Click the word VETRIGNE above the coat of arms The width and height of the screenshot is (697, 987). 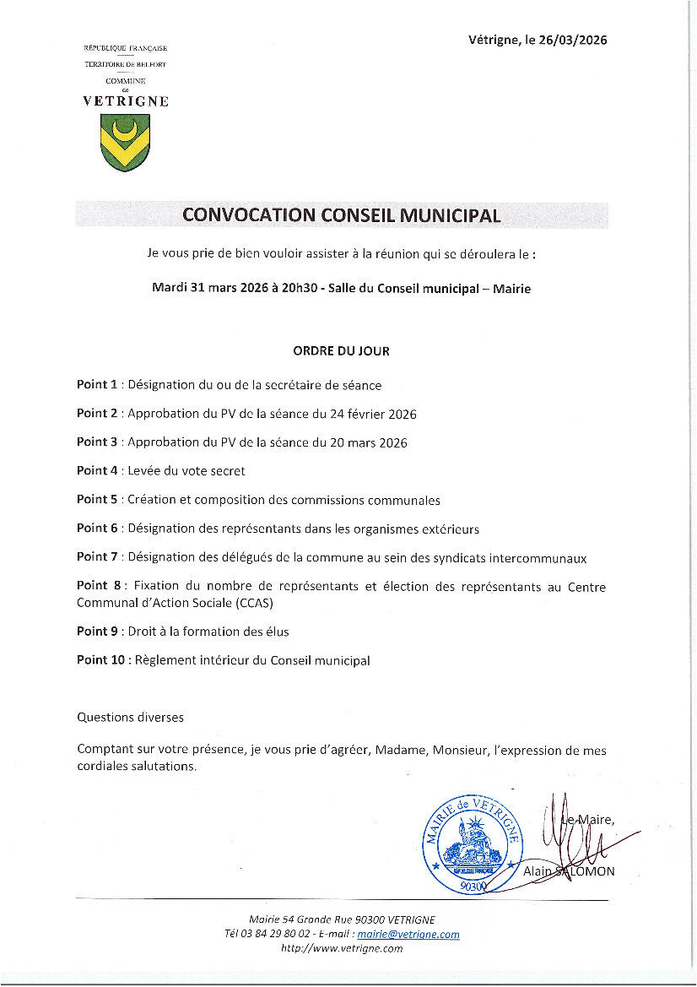click(x=125, y=101)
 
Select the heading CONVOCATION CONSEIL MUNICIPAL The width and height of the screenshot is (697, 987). click(x=341, y=215)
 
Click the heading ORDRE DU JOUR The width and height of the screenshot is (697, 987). click(x=341, y=351)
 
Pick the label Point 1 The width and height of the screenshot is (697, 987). click(x=97, y=385)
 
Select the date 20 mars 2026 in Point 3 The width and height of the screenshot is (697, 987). click(x=367, y=443)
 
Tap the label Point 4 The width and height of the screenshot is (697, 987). click(x=97, y=470)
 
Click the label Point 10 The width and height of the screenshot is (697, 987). click(x=100, y=660)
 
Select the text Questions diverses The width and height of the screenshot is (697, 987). click(x=130, y=718)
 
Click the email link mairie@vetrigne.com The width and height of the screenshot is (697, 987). click(x=408, y=934)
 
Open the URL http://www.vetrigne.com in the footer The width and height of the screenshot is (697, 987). click(x=341, y=948)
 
